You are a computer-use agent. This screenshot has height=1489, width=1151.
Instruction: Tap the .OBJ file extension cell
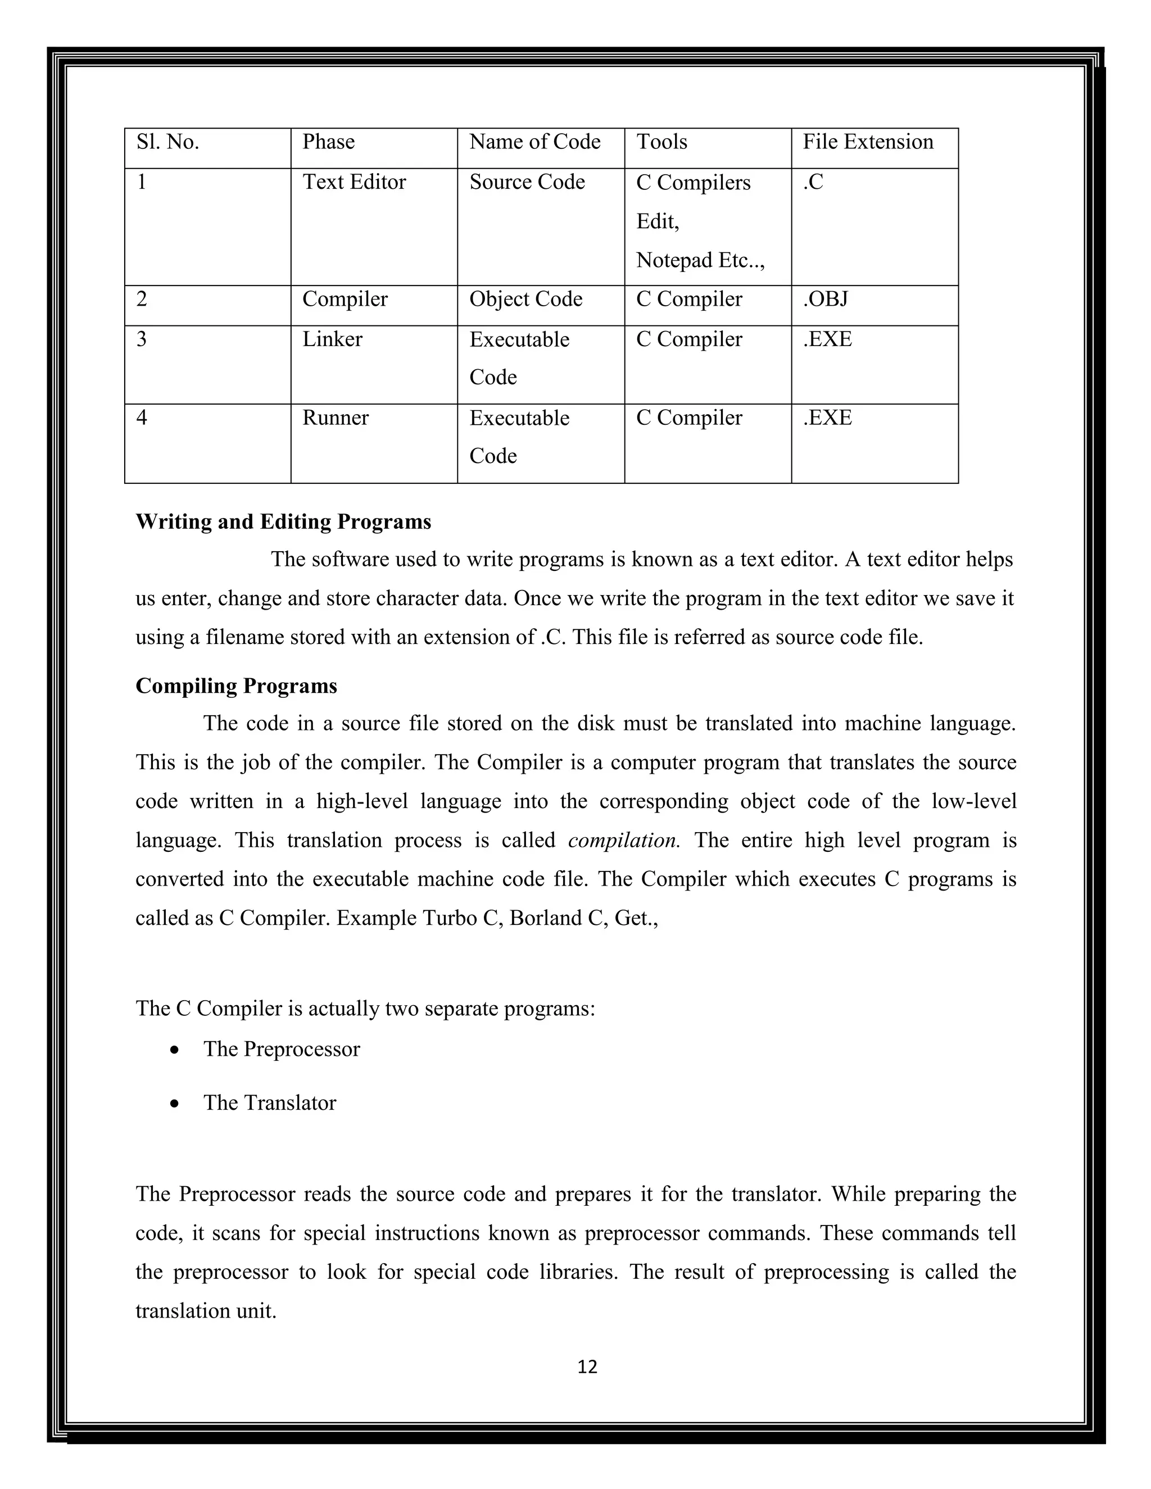click(825, 299)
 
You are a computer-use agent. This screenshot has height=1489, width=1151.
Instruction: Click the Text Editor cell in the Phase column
click(354, 182)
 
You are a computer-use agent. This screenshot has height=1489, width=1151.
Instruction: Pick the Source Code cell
click(527, 182)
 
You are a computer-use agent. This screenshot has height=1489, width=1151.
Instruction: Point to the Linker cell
click(332, 339)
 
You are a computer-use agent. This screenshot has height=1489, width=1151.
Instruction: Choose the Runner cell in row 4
click(335, 417)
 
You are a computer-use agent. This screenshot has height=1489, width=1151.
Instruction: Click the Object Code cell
click(525, 299)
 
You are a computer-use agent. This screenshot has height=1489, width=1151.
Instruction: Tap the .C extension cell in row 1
click(813, 182)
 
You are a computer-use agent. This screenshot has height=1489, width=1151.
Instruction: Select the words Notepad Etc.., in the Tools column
click(700, 261)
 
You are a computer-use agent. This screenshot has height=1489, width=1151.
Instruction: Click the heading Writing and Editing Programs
click(283, 521)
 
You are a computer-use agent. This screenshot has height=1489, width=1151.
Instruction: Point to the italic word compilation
click(623, 841)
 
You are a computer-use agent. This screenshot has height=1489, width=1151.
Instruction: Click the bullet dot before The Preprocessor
click(175, 1051)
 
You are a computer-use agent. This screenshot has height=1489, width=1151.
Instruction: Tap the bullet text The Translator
click(269, 1103)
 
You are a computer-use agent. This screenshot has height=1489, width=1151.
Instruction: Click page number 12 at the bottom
click(587, 1367)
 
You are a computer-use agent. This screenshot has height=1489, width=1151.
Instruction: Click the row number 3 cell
click(142, 339)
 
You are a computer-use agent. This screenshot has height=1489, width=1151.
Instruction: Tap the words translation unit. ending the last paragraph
click(205, 1311)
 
